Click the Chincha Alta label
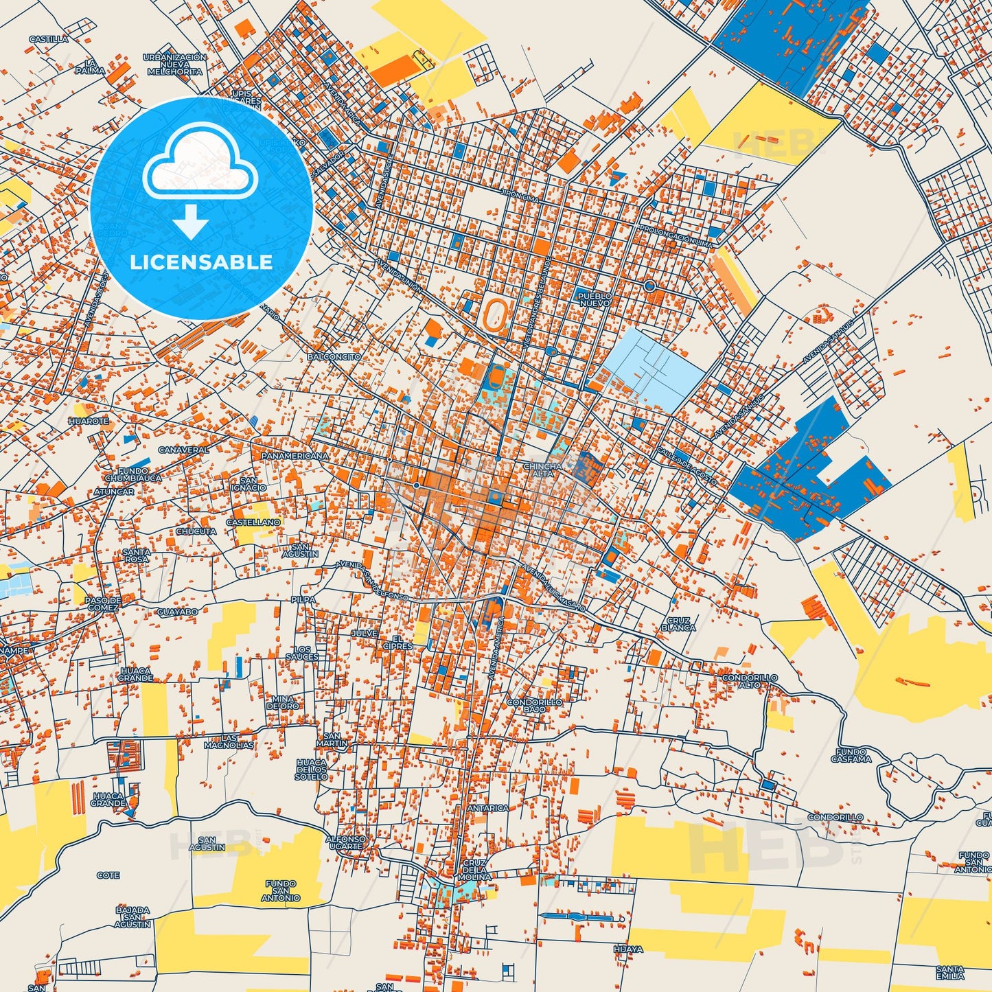coord(542,470)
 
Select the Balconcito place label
coord(334,357)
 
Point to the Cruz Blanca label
coord(678,624)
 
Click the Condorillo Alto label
coord(750,681)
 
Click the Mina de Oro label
coord(282,702)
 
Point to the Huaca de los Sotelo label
coord(311,770)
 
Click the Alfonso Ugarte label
coord(345,842)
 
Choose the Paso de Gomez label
coord(103,603)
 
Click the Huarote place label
coord(89,421)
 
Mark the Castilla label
coord(49,39)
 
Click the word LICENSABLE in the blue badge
coord(201,262)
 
